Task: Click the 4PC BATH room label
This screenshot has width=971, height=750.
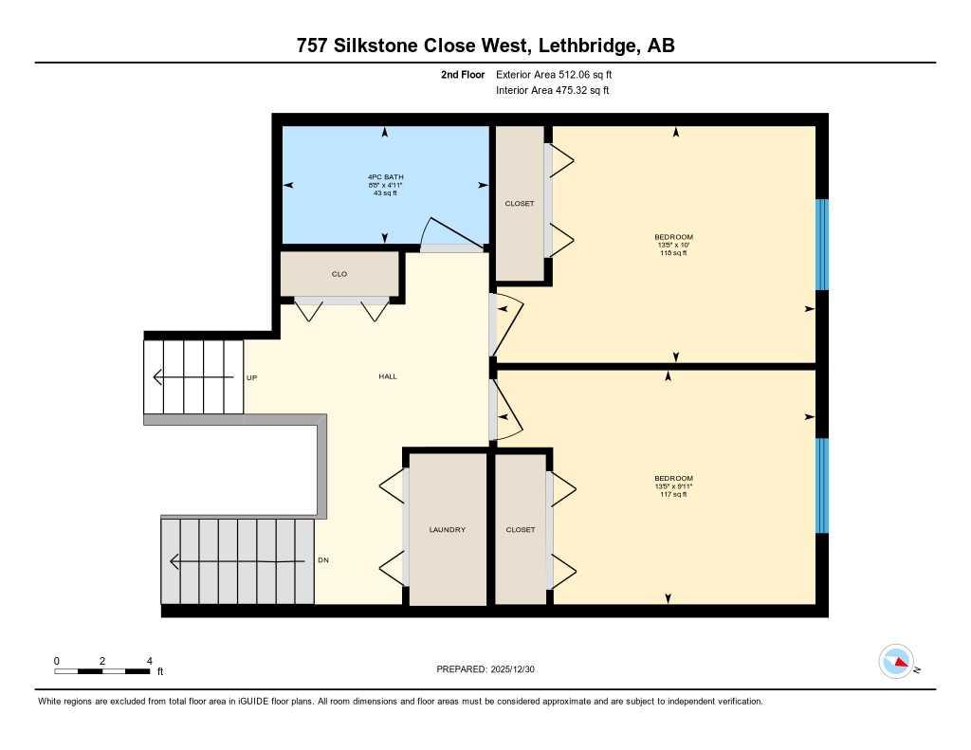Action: pos(383,177)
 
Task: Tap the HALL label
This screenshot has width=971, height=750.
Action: pos(387,377)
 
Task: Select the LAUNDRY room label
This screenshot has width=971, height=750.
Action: pos(447,530)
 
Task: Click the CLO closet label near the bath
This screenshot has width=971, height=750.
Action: pos(339,274)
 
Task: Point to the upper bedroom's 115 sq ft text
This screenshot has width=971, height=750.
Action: pos(673,253)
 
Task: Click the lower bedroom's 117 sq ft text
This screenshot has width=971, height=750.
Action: pos(673,494)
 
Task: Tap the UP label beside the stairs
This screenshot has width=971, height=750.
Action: pos(251,377)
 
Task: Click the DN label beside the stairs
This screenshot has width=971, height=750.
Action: pos(322,560)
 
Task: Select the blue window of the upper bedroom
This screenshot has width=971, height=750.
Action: pos(822,244)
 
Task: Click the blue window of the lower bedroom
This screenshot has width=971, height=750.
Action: pos(822,485)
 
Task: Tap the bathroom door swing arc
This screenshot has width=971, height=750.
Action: pos(431,230)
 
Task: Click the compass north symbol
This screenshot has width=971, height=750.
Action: pos(896,662)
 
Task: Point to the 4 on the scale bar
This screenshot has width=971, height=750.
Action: pos(149,661)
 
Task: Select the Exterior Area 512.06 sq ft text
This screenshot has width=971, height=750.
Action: pos(560,74)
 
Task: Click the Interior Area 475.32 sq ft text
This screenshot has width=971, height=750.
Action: pos(552,91)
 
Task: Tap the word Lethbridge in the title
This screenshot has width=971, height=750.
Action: pos(577,46)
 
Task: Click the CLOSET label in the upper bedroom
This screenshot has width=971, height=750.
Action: pos(520,204)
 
